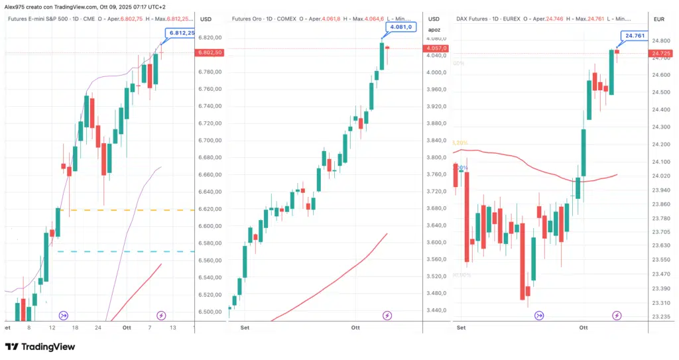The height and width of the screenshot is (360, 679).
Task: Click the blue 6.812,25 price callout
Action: (182, 33)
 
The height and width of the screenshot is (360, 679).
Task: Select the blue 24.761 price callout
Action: (634, 36)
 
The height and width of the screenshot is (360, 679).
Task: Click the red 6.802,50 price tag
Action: (209, 52)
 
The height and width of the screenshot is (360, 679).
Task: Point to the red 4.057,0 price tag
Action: (438, 48)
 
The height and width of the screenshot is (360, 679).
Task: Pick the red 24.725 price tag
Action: (664, 53)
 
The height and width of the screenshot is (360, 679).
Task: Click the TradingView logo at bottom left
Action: (40, 347)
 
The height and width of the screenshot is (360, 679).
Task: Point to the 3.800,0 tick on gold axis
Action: (438, 158)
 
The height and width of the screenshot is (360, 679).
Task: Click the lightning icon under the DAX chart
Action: (617, 315)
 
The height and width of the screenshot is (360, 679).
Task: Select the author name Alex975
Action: (16, 6)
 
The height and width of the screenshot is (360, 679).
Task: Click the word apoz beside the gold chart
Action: (435, 30)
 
